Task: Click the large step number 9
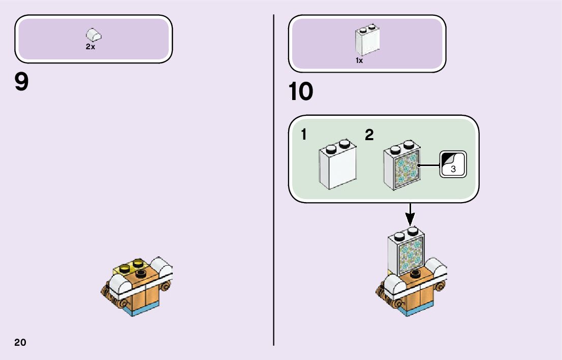click(22, 82)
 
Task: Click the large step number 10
click(300, 92)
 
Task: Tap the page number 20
click(20, 342)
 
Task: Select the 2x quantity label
click(90, 47)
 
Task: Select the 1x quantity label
click(359, 60)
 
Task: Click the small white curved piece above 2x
click(94, 35)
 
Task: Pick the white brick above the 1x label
click(366, 41)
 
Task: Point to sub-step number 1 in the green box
click(303, 135)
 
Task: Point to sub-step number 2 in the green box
click(369, 135)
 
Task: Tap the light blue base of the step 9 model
click(144, 308)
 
